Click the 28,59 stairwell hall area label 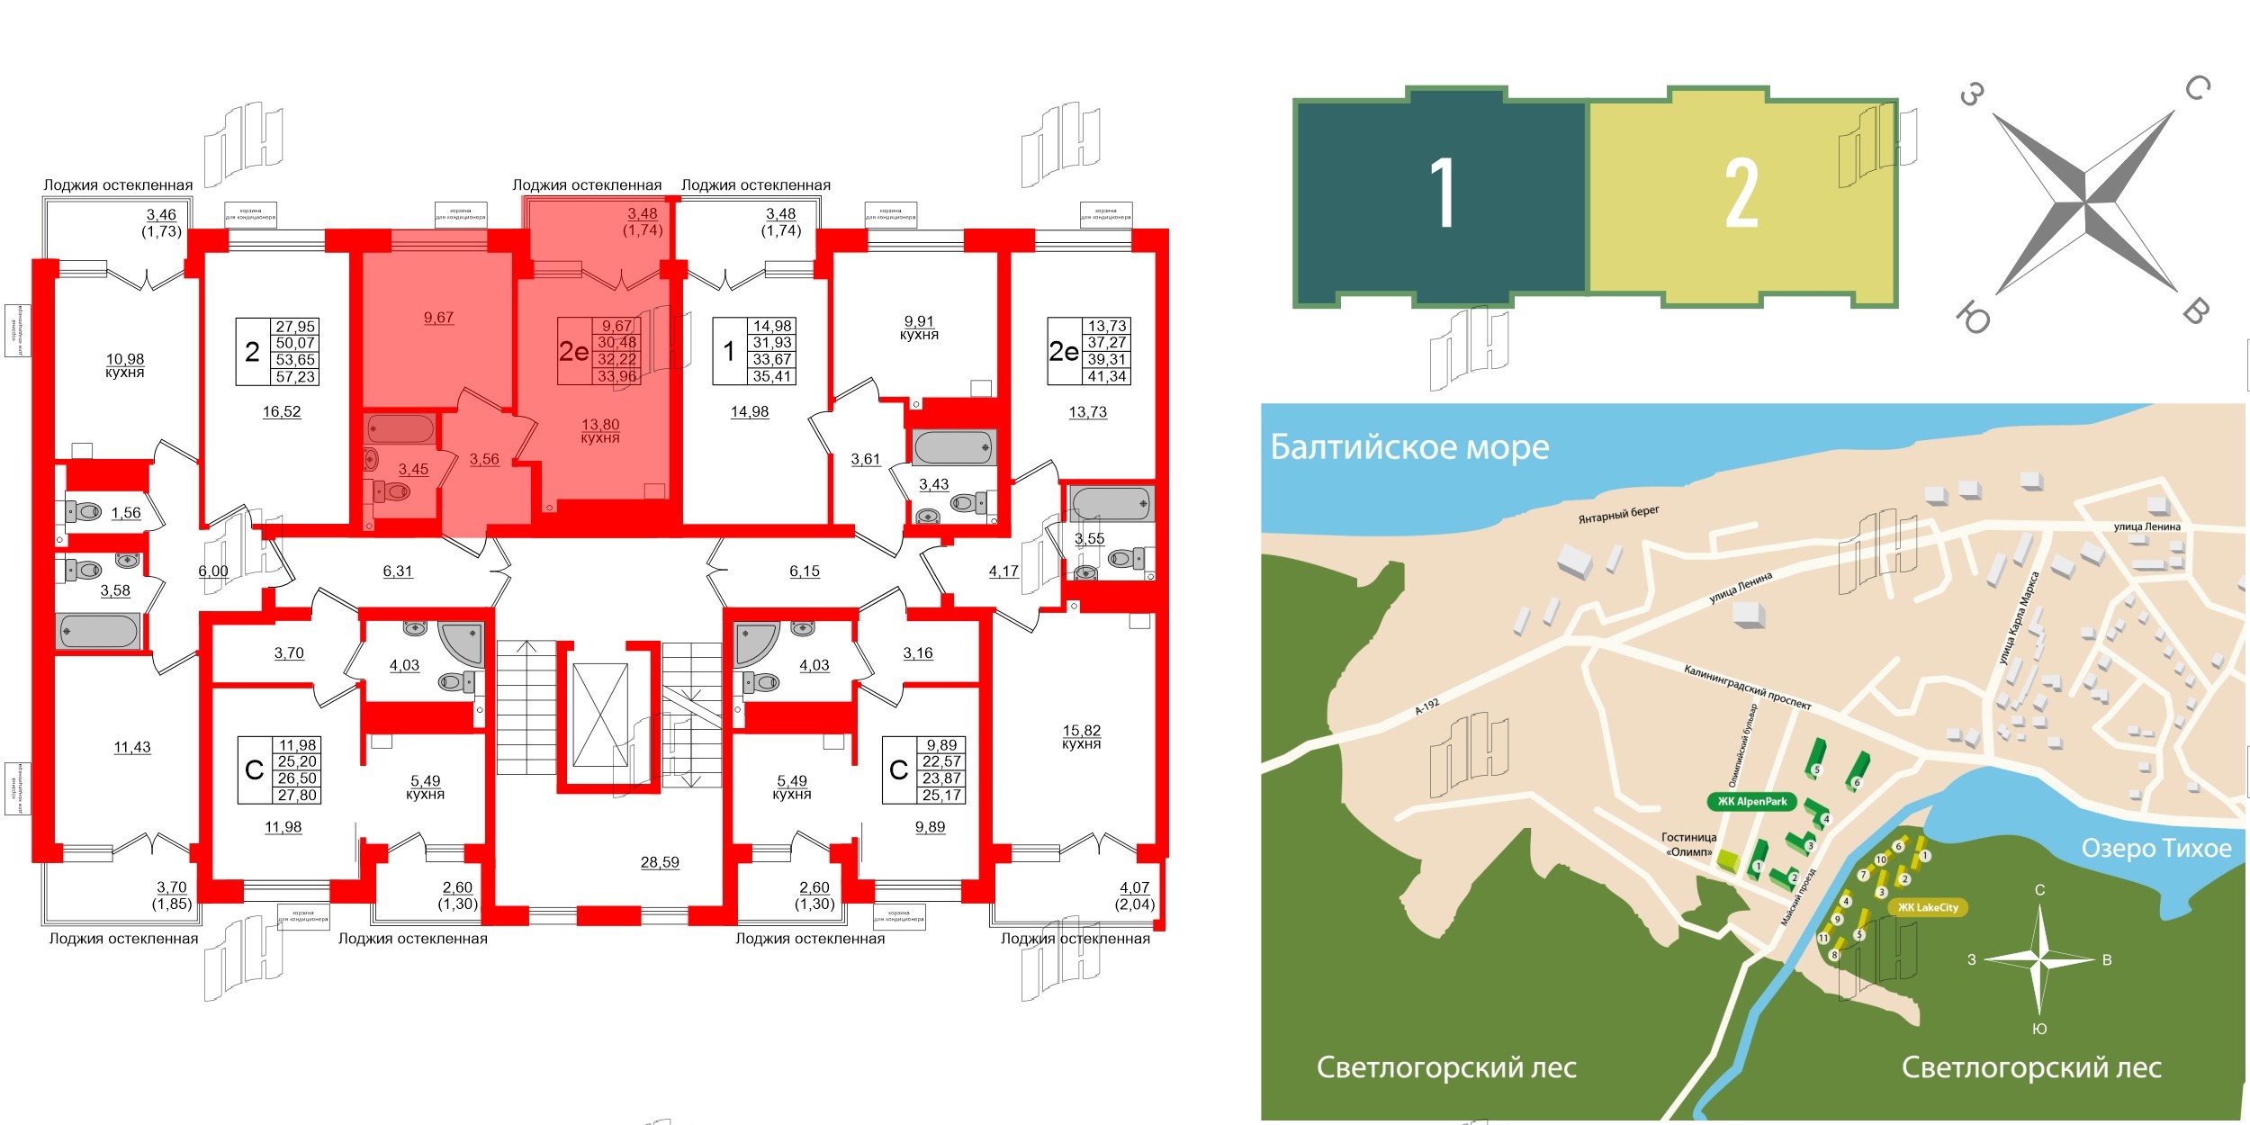(x=660, y=862)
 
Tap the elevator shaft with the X (x=600, y=715)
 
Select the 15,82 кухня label (x=1081, y=737)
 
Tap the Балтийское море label (x=1409, y=447)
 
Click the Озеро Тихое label (x=2156, y=848)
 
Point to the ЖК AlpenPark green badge (x=1751, y=802)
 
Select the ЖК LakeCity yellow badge (x=1928, y=907)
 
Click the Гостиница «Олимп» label (x=1687, y=844)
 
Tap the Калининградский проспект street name (x=1747, y=688)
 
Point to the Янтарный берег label (x=1618, y=515)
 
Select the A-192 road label (x=1426, y=706)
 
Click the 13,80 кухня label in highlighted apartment (x=600, y=431)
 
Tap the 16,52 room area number (x=282, y=412)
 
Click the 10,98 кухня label (x=125, y=365)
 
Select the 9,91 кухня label (x=919, y=328)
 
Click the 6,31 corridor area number (x=398, y=571)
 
